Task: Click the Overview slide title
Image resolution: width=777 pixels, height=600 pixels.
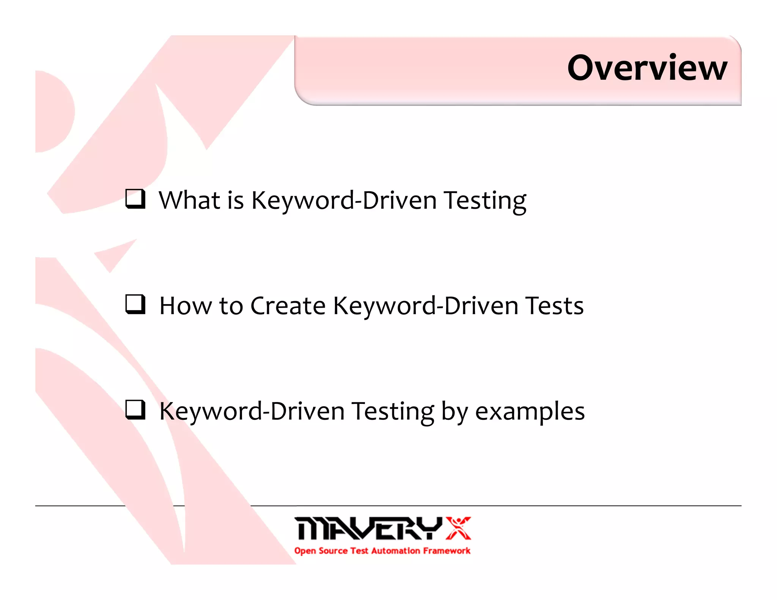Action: point(647,68)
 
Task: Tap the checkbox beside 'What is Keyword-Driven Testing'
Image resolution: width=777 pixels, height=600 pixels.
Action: point(135,199)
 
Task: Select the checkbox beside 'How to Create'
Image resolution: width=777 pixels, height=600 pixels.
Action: point(135,304)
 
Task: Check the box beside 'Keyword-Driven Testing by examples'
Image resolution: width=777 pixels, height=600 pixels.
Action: point(135,410)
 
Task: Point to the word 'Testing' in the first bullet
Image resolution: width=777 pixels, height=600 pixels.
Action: point(485,201)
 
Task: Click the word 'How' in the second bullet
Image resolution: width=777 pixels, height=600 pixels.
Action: point(185,306)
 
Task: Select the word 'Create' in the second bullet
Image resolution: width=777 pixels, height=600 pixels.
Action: point(288,306)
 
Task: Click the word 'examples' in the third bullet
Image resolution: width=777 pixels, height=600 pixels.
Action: point(530,412)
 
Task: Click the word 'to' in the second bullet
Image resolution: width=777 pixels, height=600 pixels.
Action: point(231,306)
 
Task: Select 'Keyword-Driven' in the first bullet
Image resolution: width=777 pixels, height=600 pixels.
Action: point(343,201)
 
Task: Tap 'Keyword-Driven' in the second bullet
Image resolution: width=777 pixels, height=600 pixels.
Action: point(425,306)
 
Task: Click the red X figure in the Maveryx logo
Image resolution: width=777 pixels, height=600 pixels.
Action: point(458,528)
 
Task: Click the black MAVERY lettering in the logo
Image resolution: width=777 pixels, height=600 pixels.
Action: point(368,528)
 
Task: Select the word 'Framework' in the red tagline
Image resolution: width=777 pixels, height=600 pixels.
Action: point(447,551)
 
